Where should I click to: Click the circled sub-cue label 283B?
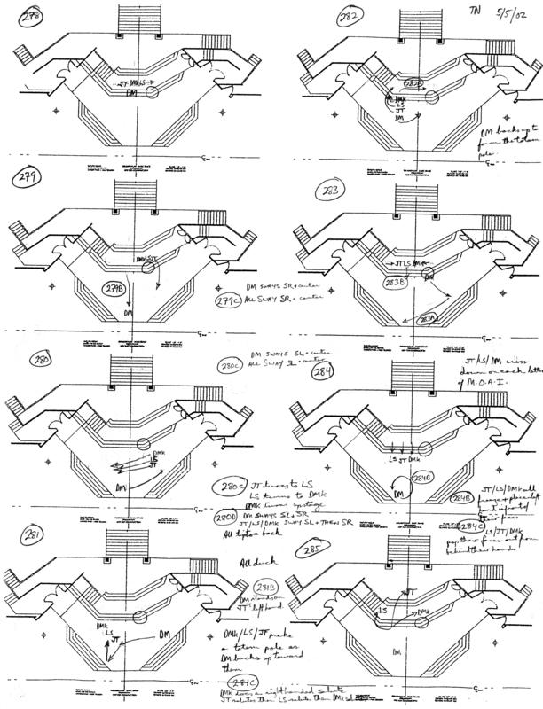pos(396,283)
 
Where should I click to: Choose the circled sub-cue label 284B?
pos(460,498)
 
